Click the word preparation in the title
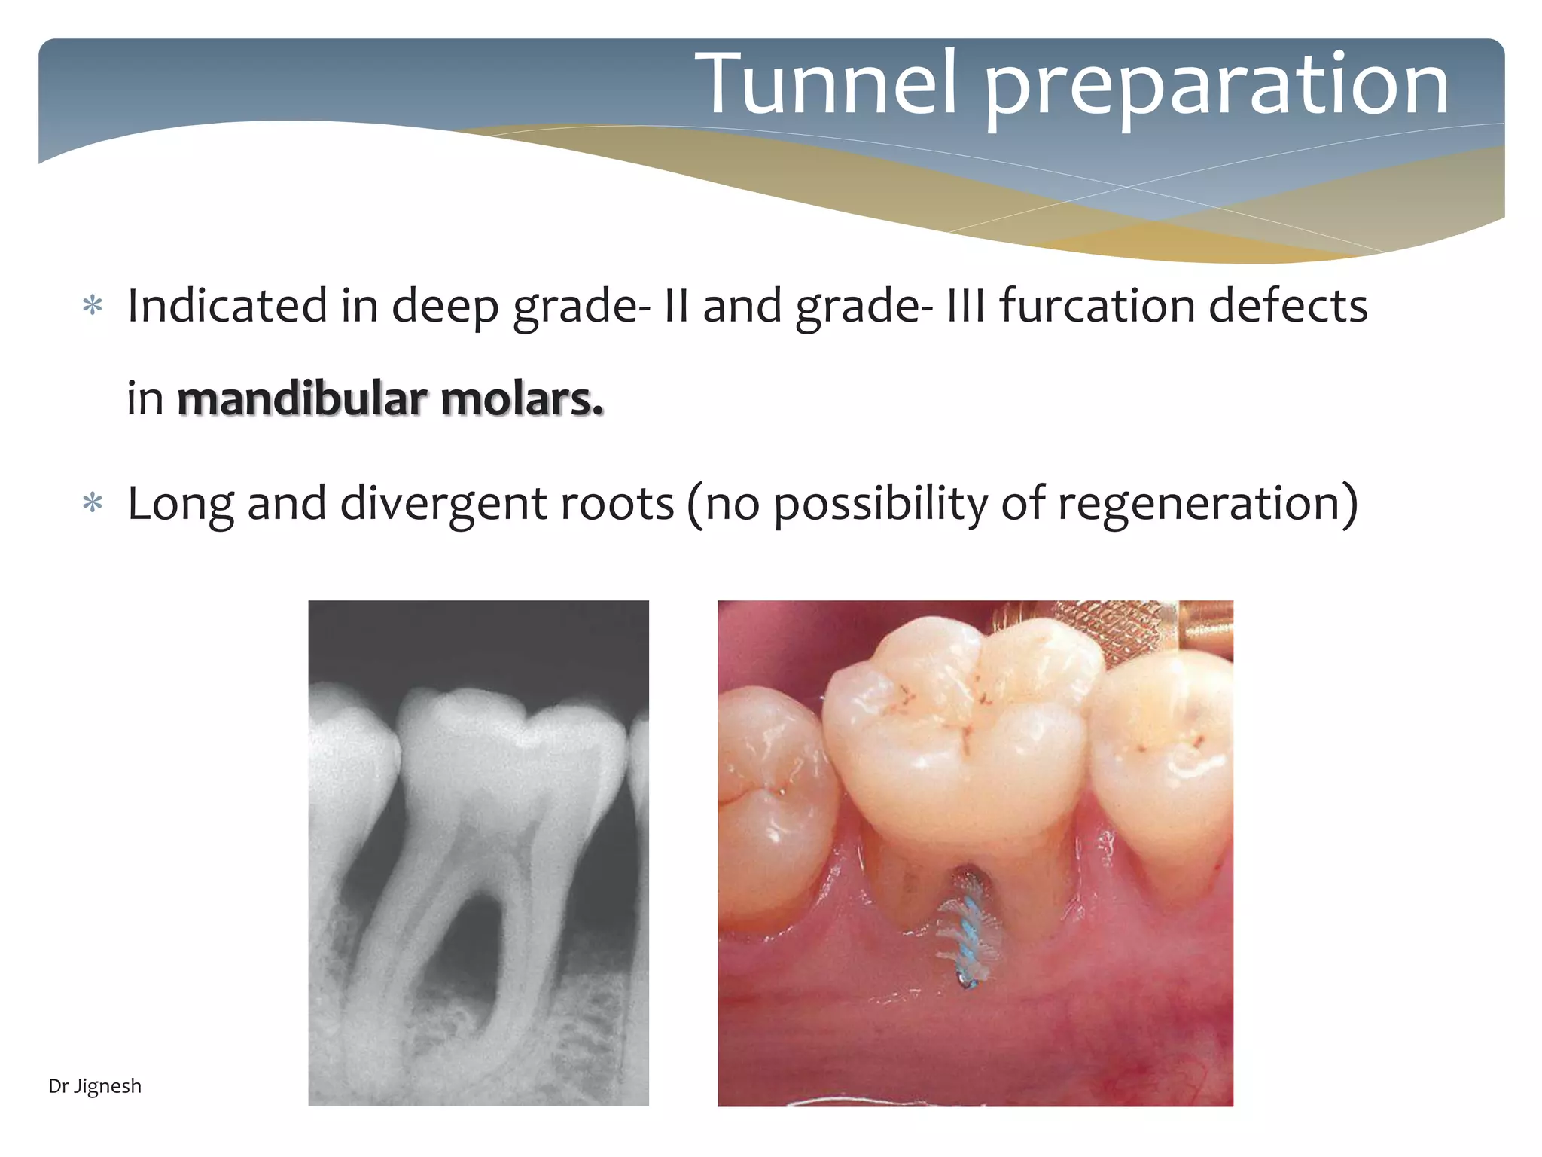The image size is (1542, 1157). [x=1216, y=87]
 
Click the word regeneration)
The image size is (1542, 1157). [x=1208, y=503]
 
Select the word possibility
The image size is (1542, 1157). [x=881, y=503]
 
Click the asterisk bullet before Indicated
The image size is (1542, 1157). [x=93, y=307]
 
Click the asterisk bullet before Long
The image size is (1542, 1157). [x=93, y=503]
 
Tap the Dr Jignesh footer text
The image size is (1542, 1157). [x=95, y=1086]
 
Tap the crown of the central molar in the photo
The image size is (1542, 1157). [x=956, y=738]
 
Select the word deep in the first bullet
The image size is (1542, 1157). [x=444, y=306]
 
